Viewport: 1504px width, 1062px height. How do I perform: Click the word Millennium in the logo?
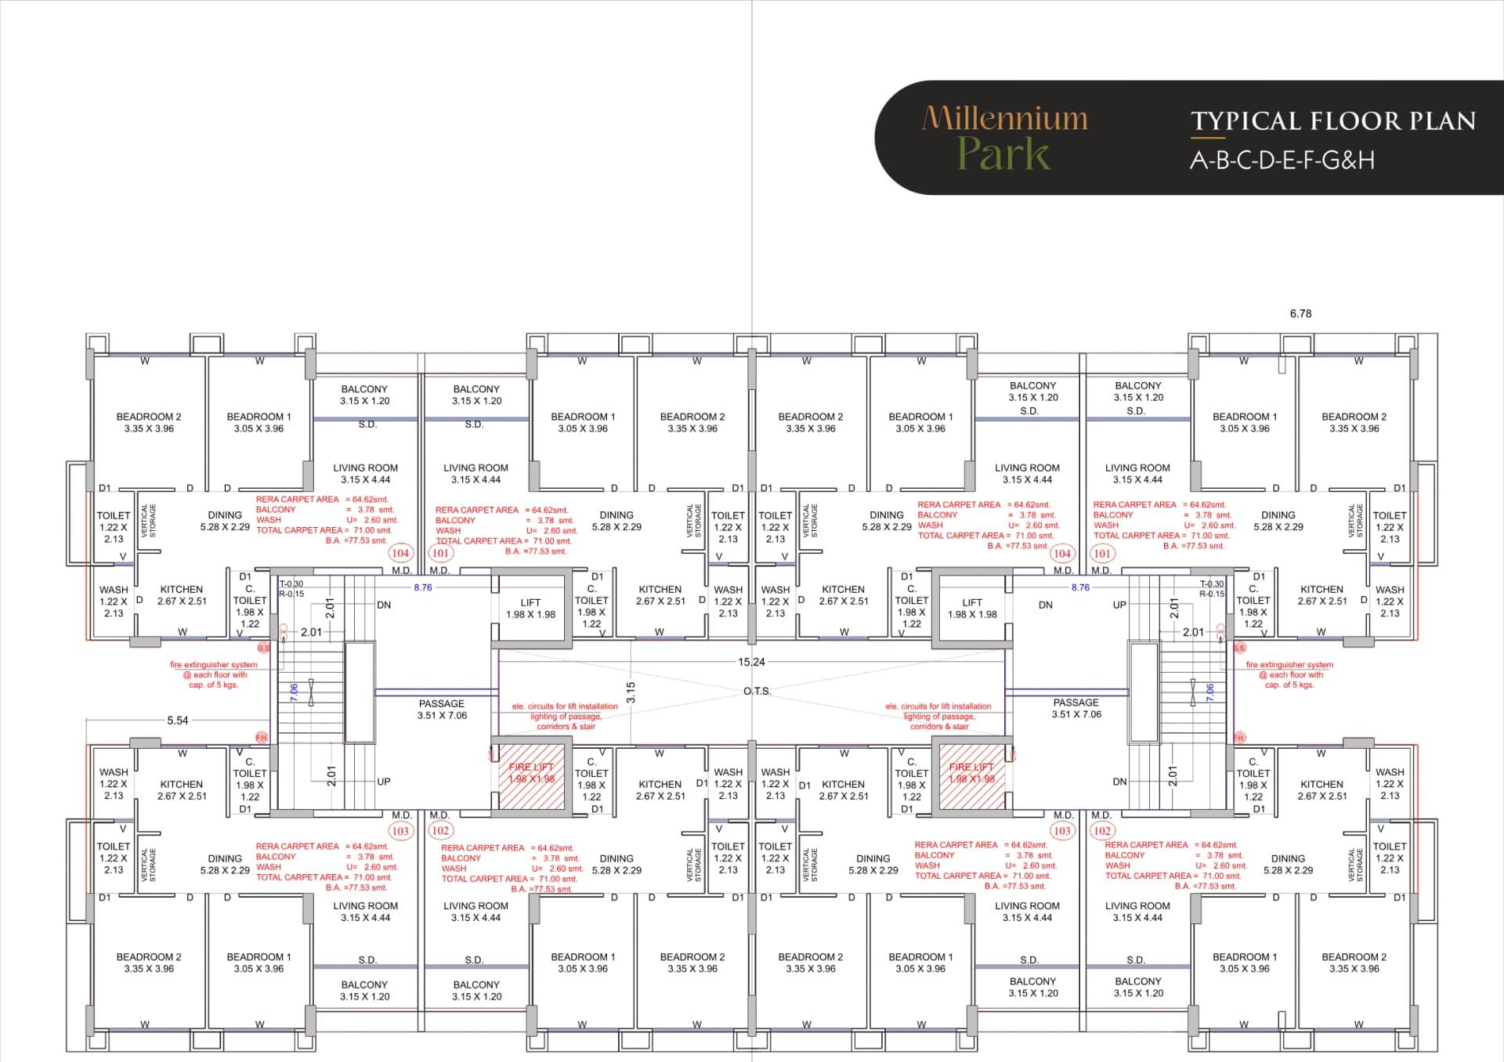1005,118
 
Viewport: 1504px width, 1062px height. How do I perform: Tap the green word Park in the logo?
1003,154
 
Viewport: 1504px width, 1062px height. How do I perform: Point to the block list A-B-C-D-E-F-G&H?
1282,161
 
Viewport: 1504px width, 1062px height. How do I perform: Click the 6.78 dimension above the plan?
1300,313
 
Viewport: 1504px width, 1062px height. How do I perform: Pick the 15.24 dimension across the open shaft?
751,662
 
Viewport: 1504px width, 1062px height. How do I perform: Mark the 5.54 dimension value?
178,721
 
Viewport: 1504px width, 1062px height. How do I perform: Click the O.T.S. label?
757,692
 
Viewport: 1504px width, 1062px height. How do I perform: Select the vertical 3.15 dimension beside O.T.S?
631,692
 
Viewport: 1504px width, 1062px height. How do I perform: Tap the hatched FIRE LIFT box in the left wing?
531,773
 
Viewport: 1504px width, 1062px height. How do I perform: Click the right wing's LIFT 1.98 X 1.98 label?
972,609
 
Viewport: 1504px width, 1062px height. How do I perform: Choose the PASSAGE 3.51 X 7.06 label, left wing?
442,710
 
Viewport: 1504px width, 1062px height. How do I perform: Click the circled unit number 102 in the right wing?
1102,831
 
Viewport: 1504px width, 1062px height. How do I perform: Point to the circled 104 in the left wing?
400,553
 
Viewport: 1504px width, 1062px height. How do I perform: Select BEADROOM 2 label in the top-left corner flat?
149,422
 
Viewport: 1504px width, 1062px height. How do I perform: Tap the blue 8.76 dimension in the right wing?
1080,587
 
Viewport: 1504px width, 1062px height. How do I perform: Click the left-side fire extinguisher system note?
214,674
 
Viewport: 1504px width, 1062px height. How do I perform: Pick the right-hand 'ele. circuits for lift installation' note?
938,716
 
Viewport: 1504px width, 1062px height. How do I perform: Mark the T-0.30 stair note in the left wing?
291,584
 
